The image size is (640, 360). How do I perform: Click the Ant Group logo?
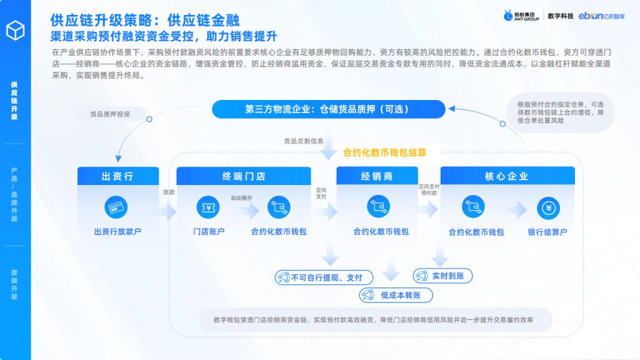tap(522, 16)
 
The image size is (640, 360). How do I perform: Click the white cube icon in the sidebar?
tap(16, 30)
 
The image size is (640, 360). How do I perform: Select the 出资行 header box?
tap(118, 176)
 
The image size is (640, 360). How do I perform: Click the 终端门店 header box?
tap(244, 176)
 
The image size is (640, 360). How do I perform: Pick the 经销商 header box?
tap(377, 176)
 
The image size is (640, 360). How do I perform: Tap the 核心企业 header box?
tap(507, 176)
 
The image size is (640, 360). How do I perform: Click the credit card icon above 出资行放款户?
tap(116, 207)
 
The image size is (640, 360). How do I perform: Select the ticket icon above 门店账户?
tap(208, 207)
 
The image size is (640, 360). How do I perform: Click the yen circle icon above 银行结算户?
tap(549, 208)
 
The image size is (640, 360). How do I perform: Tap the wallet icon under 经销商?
tap(378, 206)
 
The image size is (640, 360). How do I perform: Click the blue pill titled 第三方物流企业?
tap(329, 109)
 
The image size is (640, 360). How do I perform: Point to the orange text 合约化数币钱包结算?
tap(384, 152)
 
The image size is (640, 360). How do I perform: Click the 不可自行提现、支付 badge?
tap(324, 277)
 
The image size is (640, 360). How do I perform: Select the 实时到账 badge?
tap(443, 276)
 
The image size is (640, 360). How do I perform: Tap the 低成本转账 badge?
tap(396, 295)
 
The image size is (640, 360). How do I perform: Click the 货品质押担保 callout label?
tap(110, 114)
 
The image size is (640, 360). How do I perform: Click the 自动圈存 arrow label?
tap(241, 198)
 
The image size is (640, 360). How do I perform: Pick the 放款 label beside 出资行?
tap(169, 192)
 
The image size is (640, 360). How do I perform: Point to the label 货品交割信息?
tap(304, 141)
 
